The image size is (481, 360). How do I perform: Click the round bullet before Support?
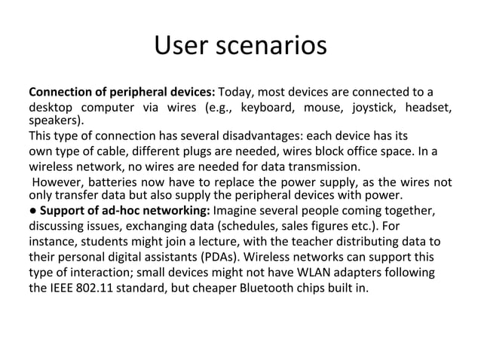click(x=32, y=210)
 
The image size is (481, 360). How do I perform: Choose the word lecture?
click(x=228, y=241)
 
